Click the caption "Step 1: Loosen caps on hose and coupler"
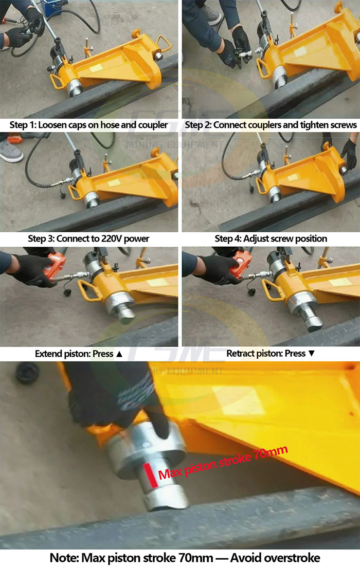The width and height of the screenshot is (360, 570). pyautogui.click(x=89, y=125)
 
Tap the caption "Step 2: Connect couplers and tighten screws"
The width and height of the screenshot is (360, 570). pyautogui.click(x=271, y=125)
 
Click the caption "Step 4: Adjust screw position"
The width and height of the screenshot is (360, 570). pyautogui.click(x=271, y=238)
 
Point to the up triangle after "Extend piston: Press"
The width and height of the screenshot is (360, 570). pyautogui.click(x=119, y=354)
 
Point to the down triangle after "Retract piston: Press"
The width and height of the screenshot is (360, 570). pyautogui.click(x=311, y=353)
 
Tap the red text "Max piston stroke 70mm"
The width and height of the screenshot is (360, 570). pyautogui.click(x=223, y=463)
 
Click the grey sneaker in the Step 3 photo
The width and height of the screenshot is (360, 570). pyautogui.click(x=11, y=151)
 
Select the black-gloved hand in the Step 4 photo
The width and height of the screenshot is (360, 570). pyautogui.click(x=349, y=153)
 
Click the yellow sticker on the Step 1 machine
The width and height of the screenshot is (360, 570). pyautogui.click(x=96, y=68)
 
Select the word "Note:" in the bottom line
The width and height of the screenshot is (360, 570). pyautogui.click(x=64, y=558)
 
